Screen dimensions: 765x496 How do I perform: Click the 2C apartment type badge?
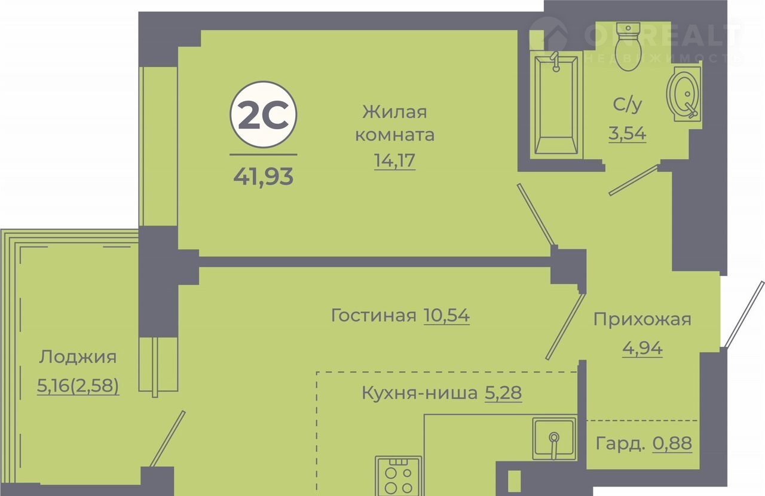264,115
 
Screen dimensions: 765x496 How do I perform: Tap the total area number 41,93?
264,177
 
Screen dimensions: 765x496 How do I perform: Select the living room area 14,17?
395,160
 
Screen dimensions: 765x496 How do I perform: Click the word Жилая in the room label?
395,112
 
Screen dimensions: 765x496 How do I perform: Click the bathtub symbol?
556,105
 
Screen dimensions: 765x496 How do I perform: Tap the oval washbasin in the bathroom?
684,94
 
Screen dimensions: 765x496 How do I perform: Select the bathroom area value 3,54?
628,133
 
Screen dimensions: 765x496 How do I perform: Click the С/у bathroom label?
628,105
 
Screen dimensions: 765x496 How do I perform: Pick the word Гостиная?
374,315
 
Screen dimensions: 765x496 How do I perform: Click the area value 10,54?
446,315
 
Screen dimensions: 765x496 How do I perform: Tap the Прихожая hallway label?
642,319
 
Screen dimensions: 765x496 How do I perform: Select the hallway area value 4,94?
642,348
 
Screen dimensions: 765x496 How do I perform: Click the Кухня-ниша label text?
420,392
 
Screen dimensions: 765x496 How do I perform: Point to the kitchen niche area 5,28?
503,393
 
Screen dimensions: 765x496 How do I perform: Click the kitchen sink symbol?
554,439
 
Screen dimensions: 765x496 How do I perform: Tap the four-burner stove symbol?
398,476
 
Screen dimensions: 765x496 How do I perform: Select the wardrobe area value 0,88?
672,443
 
